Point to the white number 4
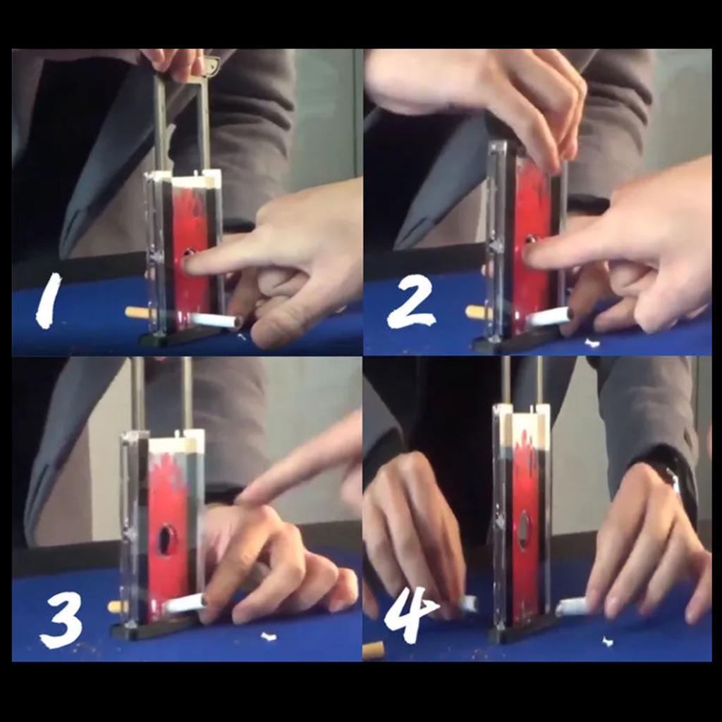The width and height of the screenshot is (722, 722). point(409,614)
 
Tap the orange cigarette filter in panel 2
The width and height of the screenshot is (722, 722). point(477,312)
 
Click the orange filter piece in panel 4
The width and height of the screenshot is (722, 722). point(374,649)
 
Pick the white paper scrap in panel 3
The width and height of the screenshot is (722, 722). point(268,637)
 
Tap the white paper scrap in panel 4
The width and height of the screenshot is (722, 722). point(608,641)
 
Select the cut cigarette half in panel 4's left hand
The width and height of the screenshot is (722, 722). point(468,604)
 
